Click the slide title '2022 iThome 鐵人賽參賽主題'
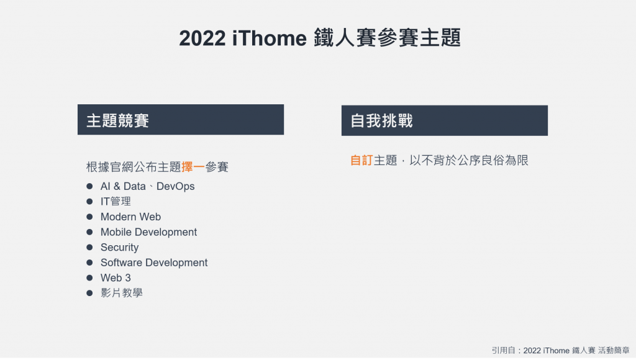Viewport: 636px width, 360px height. point(320,38)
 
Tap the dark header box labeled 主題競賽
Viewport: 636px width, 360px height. point(181,120)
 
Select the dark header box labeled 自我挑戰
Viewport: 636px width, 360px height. point(445,120)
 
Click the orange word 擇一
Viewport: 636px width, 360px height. point(193,166)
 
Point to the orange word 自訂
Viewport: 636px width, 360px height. point(361,160)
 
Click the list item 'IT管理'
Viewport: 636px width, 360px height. point(116,202)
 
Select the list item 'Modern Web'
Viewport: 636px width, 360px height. point(130,217)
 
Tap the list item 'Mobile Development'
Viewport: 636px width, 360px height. point(148,232)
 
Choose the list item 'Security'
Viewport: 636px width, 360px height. point(120,247)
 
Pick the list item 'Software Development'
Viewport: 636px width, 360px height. point(154,263)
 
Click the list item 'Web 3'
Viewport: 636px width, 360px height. point(116,277)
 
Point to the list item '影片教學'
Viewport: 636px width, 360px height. point(121,293)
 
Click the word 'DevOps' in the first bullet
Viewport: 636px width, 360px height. point(175,186)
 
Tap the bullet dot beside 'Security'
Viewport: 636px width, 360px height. point(89,247)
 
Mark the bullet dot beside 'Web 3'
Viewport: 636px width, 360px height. point(89,277)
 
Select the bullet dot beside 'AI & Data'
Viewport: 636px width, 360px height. point(89,186)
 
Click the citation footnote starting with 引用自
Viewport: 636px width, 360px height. point(561,350)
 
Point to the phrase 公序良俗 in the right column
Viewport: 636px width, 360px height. point(481,160)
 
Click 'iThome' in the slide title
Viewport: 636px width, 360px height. point(270,38)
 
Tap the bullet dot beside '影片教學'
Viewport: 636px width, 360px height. point(89,293)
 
